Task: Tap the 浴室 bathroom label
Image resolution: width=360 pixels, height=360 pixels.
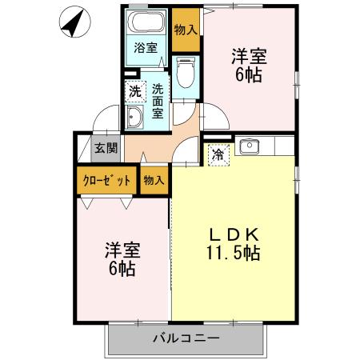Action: (145, 47)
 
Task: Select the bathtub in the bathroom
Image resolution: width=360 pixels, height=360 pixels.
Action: (146, 23)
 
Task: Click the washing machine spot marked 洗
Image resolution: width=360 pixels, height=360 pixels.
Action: (135, 90)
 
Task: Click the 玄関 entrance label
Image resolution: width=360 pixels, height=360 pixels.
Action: (104, 147)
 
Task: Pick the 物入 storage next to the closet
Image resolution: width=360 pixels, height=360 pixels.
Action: (154, 181)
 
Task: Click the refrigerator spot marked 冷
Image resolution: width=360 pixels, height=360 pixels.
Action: (217, 155)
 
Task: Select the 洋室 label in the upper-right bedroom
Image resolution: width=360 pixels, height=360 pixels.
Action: (249, 58)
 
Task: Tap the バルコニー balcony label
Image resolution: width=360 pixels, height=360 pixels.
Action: (186, 338)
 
